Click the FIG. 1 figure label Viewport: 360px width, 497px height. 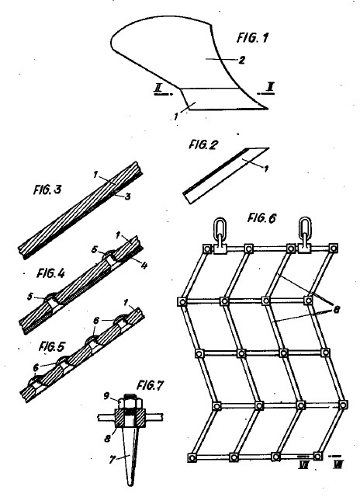(252, 38)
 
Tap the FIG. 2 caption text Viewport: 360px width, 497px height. (203, 145)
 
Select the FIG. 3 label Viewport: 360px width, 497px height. (47, 189)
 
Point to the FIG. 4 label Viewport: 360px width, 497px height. (50, 273)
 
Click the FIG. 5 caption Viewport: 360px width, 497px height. (52, 347)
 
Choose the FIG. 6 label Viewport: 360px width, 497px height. (261, 218)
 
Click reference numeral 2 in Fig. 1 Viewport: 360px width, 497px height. (241, 61)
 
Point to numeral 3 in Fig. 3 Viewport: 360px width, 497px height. (127, 196)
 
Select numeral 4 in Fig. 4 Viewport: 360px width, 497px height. (144, 266)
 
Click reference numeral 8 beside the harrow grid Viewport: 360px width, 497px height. (336, 309)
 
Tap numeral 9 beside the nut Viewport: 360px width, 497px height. (107, 396)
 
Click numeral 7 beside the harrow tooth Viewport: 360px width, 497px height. (112, 460)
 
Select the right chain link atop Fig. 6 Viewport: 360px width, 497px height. (305, 227)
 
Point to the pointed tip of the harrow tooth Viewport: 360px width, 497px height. (130, 485)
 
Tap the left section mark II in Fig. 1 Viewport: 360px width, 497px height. (157, 88)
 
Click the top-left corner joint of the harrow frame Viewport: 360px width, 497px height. (207, 248)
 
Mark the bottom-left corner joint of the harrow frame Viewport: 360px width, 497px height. (192, 457)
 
